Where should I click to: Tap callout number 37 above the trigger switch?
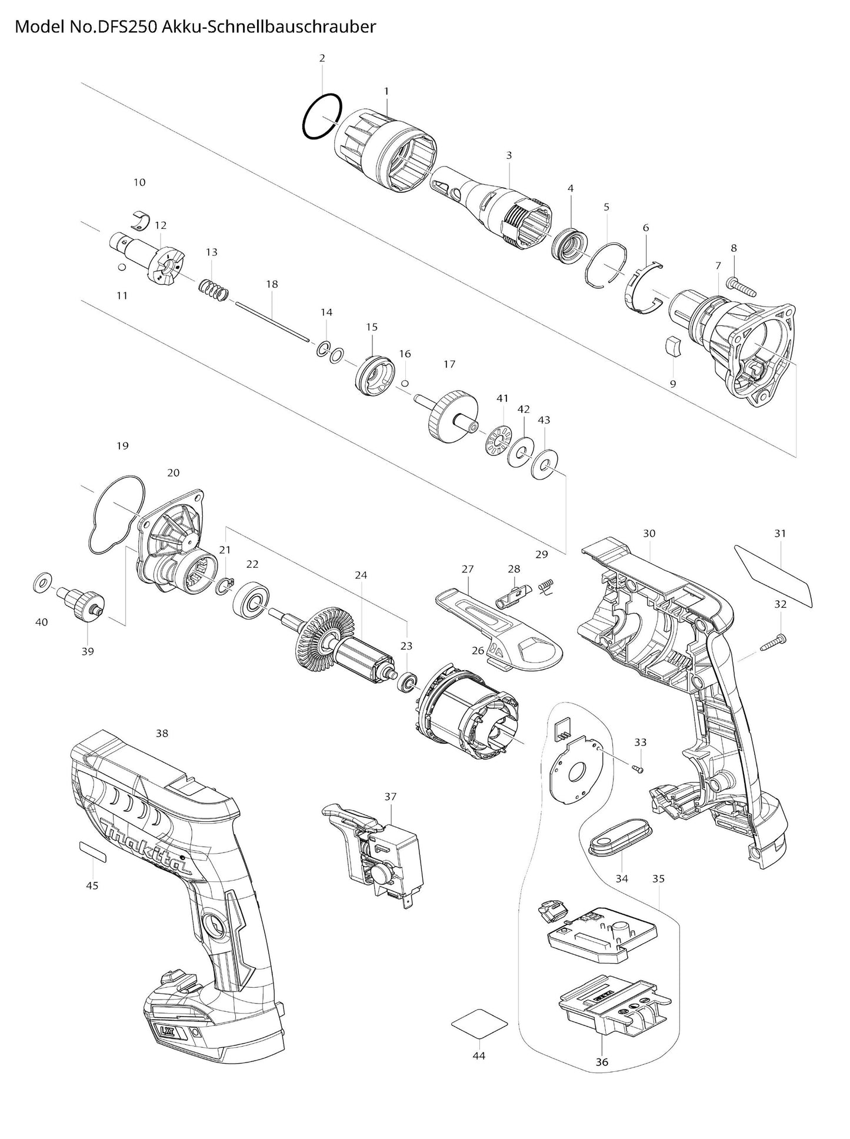391,796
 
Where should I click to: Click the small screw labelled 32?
772,642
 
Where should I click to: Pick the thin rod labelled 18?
272,321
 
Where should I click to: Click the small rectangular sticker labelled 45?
92,851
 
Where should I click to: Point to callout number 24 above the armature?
361,575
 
